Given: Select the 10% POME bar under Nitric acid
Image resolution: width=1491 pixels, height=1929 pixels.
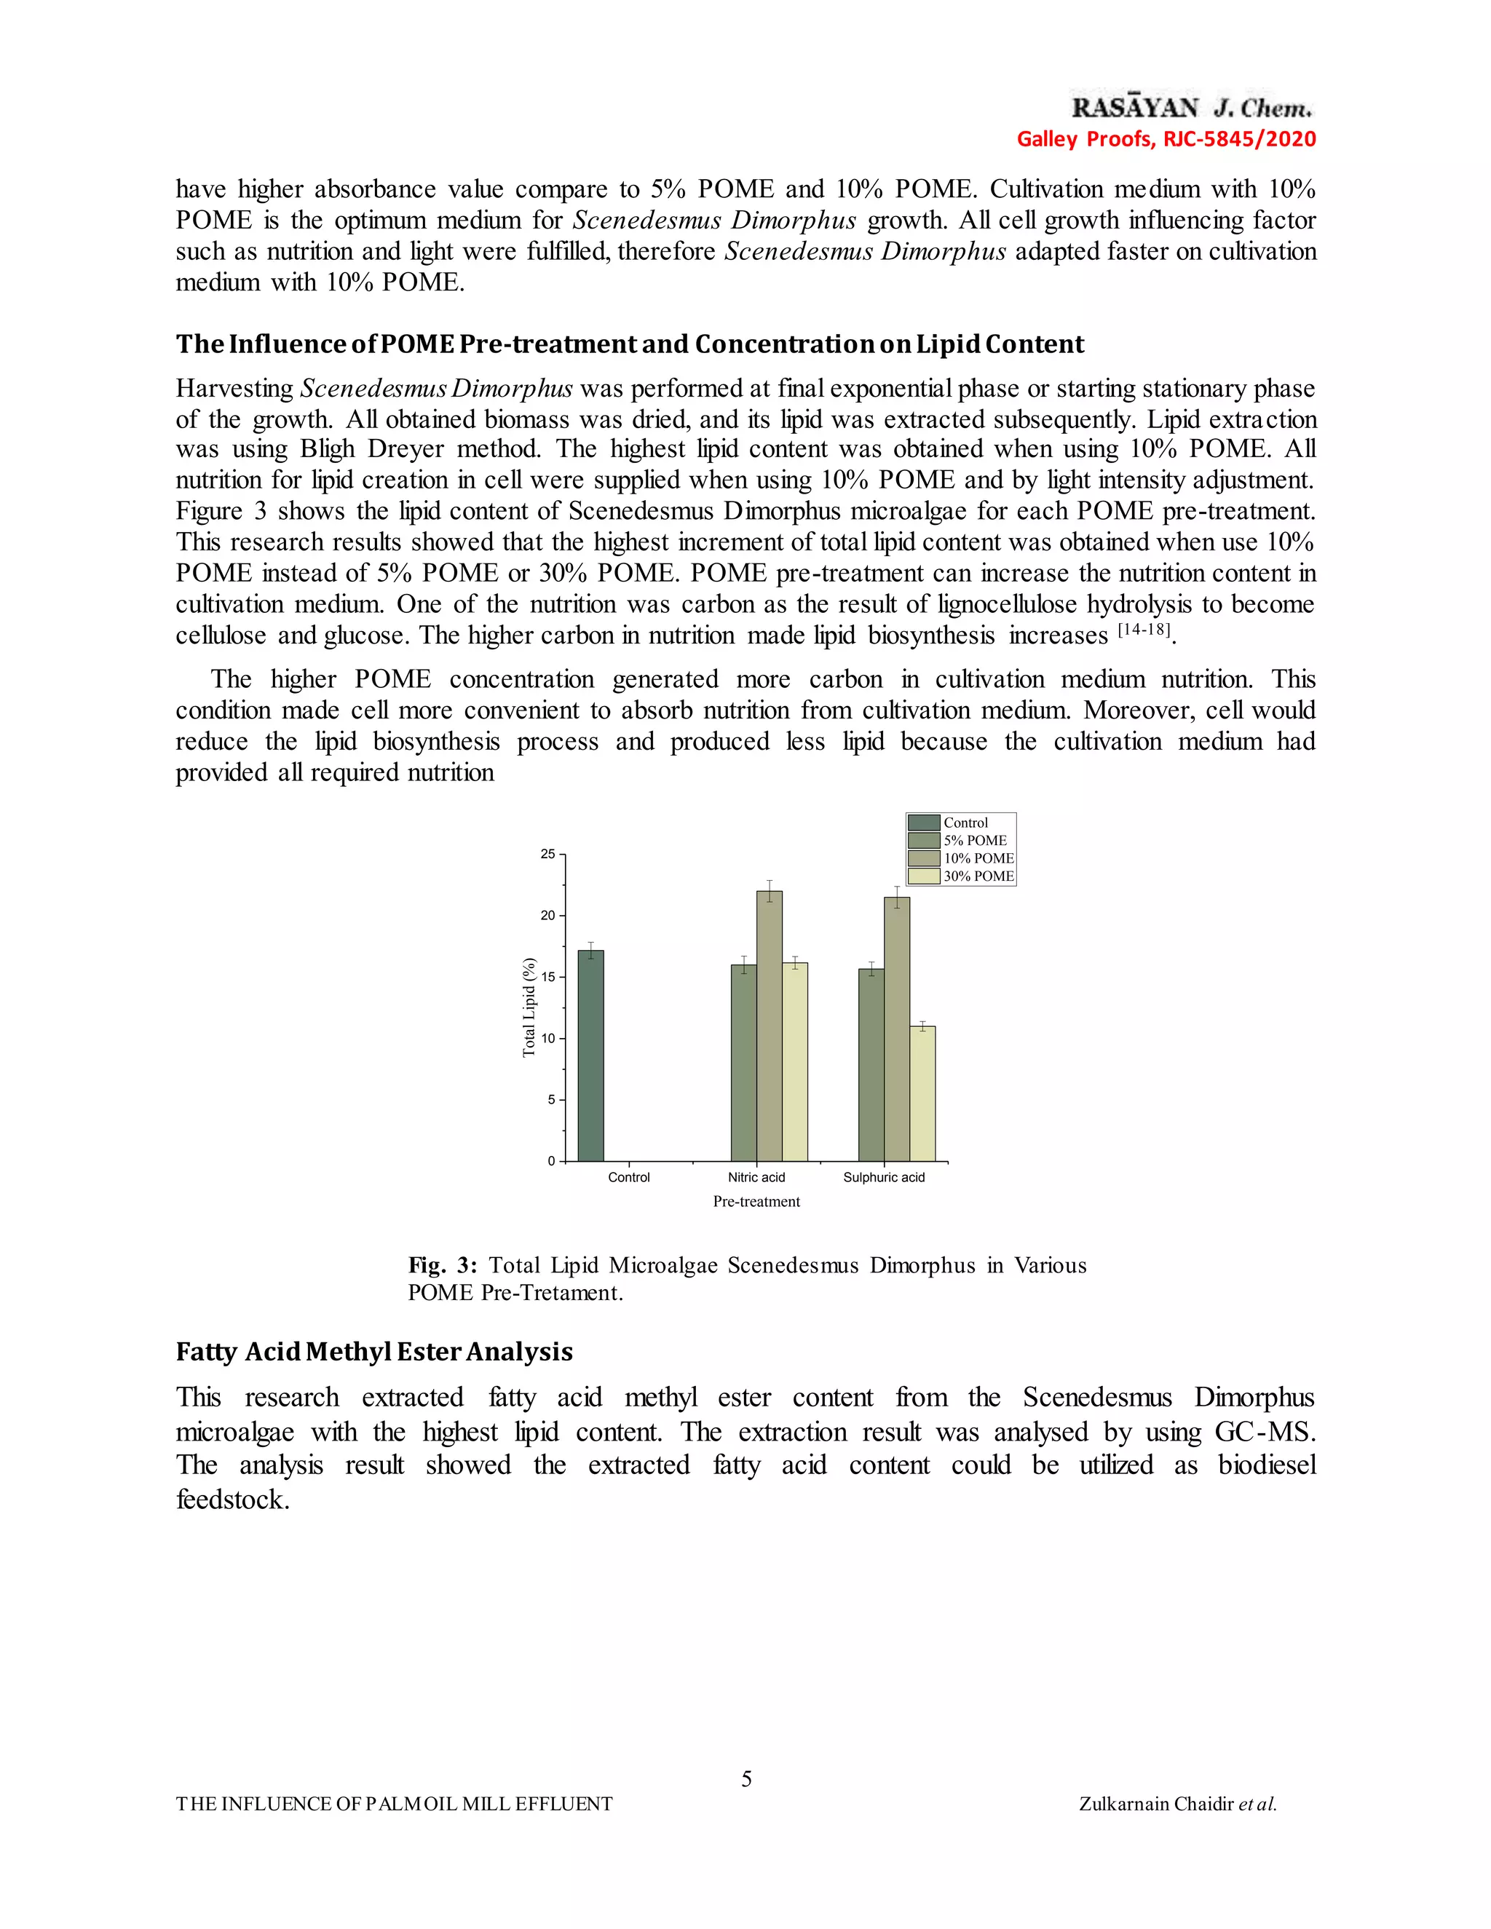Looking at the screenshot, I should point(769,1026).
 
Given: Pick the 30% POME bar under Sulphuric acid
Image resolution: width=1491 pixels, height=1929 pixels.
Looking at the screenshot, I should point(922,1093).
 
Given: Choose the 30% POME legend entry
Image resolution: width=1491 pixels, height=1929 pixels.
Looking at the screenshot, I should point(962,876).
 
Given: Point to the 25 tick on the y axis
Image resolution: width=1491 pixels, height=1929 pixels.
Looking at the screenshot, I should point(548,854).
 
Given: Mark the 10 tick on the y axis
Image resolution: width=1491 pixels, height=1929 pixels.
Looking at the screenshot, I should point(548,1039).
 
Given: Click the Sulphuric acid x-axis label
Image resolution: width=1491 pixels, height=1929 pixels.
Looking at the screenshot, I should point(883,1177).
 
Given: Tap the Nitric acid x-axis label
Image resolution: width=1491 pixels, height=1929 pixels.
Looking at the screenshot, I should point(756,1177).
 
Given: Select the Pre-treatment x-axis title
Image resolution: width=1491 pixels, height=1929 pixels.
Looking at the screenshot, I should point(756,1202).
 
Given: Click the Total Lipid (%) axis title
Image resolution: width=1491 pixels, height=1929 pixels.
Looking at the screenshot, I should point(529,1007).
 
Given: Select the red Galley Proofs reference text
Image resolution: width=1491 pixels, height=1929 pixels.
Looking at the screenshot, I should point(1166,138).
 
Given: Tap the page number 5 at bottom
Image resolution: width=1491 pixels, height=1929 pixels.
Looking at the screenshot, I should point(746,1779).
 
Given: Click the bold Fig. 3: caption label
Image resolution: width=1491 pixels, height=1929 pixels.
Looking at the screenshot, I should point(442,1266).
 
